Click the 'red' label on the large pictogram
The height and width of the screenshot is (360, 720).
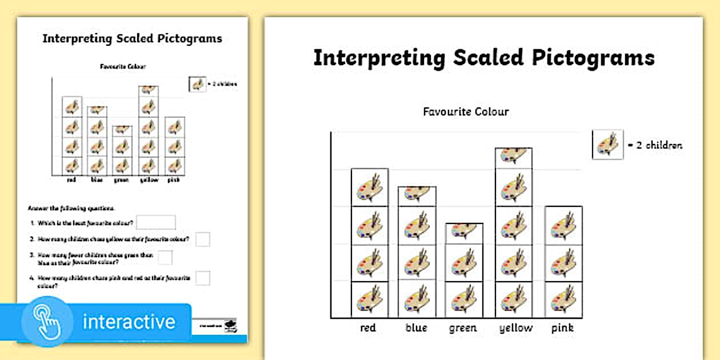(368, 328)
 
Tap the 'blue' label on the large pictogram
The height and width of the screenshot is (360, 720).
(415, 328)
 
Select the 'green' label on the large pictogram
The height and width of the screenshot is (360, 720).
(463, 328)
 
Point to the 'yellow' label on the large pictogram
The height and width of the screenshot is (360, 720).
(515, 328)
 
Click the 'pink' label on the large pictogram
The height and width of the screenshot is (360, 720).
(562, 328)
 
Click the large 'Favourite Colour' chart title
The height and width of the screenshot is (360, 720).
(466, 111)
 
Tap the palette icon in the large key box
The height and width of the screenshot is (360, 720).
(607, 145)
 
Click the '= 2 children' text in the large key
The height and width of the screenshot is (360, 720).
(655, 145)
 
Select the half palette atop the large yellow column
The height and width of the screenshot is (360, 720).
(514, 156)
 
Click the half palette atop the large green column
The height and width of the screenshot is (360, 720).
(464, 230)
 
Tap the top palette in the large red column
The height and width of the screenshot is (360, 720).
(370, 188)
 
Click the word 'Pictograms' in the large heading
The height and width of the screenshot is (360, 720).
(592, 58)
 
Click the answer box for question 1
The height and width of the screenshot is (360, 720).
(156, 222)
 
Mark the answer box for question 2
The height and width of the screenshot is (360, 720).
(203, 239)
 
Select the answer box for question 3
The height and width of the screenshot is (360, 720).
(165, 258)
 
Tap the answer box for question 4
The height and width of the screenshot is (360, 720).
(203, 278)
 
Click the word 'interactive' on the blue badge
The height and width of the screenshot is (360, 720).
(129, 321)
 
